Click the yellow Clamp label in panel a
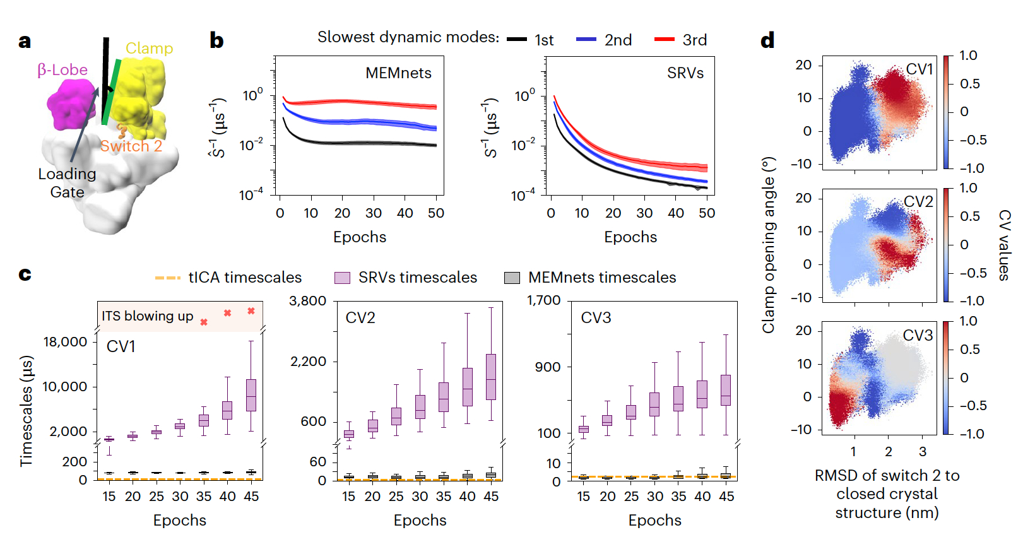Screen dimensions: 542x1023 pyautogui.click(x=149, y=48)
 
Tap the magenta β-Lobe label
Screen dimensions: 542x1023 pyautogui.click(x=62, y=69)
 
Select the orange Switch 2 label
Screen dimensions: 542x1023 pyautogui.click(x=131, y=146)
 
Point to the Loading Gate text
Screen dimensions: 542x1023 pyautogui.click(x=67, y=182)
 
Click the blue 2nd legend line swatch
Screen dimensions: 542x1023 pyautogui.click(x=586, y=40)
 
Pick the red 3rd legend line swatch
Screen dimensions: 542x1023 pyautogui.click(x=665, y=40)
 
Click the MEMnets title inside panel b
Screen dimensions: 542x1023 pyautogui.click(x=398, y=73)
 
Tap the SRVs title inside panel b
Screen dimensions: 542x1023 pyautogui.click(x=685, y=73)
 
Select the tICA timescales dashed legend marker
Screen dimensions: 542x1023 pyautogui.click(x=168, y=278)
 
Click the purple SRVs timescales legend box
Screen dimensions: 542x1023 pyautogui.click(x=342, y=278)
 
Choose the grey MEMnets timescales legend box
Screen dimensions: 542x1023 pyautogui.click(x=512, y=278)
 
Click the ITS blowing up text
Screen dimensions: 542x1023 pyautogui.click(x=148, y=316)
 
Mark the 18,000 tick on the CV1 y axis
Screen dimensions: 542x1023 pyautogui.click(x=65, y=342)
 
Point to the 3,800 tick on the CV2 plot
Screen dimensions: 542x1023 pyautogui.click(x=307, y=301)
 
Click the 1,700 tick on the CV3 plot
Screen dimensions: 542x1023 pyautogui.click(x=544, y=300)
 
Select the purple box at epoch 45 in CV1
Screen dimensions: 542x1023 pyautogui.click(x=251, y=395)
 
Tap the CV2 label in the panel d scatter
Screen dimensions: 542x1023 pyautogui.click(x=918, y=201)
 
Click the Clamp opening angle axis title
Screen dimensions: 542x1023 pyautogui.click(x=768, y=245)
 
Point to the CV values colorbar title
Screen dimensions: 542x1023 pyautogui.click(x=1003, y=245)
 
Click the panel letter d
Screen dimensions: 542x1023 pyautogui.click(x=767, y=41)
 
